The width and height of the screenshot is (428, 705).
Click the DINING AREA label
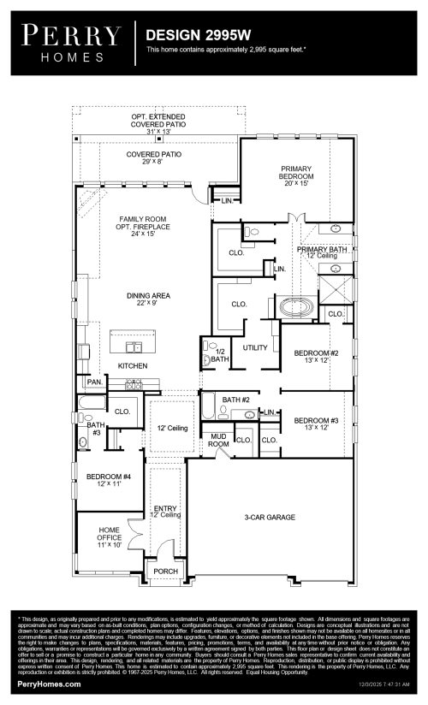tap(142, 299)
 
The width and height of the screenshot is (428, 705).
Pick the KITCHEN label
tap(133, 366)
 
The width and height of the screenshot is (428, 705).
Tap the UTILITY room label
tap(255, 348)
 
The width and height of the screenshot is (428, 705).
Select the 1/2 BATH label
tap(218, 355)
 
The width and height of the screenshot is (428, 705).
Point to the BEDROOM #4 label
tap(103, 480)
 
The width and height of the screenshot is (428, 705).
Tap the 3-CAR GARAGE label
tap(270, 518)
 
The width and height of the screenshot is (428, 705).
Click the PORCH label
tap(164, 572)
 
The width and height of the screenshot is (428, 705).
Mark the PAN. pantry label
tap(93, 382)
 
